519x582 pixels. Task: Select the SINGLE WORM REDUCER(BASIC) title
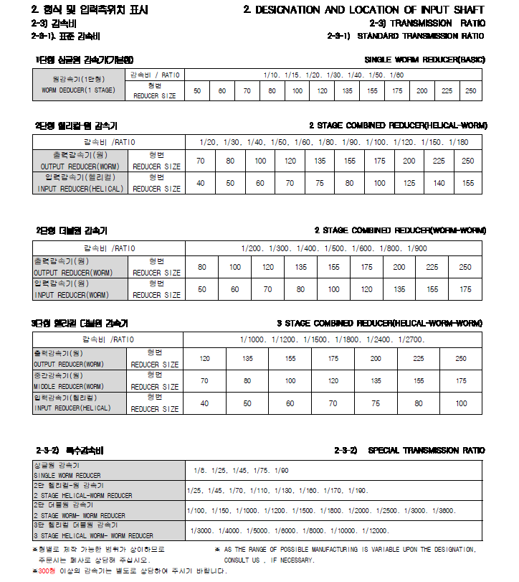point(425,59)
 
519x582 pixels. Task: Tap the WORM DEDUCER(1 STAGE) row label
point(78,91)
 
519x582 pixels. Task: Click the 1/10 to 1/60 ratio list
point(334,75)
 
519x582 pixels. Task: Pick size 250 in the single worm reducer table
point(470,91)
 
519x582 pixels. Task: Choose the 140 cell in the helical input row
point(438,183)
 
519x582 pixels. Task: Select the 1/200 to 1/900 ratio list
point(334,248)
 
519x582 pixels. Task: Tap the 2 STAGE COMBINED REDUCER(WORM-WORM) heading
point(400,230)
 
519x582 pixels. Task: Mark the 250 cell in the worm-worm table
point(465,267)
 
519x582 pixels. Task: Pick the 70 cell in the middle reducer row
point(204,381)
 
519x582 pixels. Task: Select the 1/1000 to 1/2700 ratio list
point(334,339)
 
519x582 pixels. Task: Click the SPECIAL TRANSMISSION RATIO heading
point(426,451)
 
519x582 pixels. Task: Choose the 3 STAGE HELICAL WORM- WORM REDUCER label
point(94,535)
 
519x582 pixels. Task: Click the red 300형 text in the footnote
point(47,571)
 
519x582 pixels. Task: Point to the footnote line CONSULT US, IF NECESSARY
point(269,560)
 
